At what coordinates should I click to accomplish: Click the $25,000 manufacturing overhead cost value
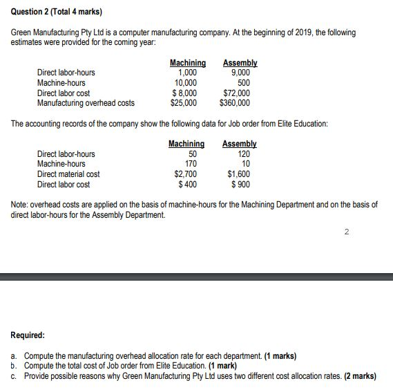183,103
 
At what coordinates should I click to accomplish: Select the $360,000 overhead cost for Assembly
234,103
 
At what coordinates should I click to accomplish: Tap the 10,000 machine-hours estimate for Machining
186,82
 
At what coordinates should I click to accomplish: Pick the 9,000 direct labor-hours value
240,73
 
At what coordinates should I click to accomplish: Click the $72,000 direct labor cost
237,93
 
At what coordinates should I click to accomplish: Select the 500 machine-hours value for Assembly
244,82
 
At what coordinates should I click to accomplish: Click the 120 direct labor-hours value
244,154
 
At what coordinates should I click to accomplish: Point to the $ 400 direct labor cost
187,185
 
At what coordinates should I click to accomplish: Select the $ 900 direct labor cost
241,185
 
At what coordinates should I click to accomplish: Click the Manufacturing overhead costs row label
86,103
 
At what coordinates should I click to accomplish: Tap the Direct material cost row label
68,174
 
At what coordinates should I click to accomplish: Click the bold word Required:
28,335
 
